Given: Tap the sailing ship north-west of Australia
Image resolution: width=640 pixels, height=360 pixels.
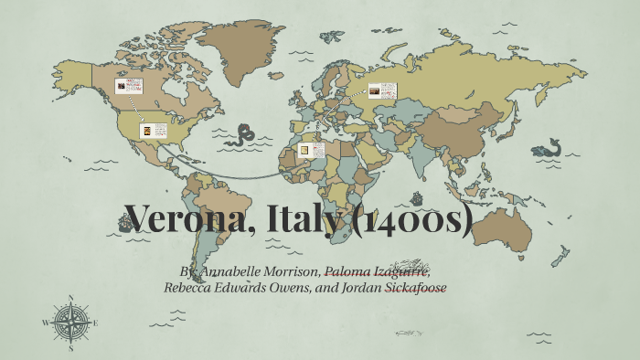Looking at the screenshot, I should pyautogui.click(x=417, y=198).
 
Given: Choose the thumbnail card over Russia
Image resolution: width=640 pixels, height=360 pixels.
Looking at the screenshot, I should pyautogui.click(x=382, y=90).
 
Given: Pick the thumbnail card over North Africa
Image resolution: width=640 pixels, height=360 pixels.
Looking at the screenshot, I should pyautogui.click(x=314, y=149).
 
